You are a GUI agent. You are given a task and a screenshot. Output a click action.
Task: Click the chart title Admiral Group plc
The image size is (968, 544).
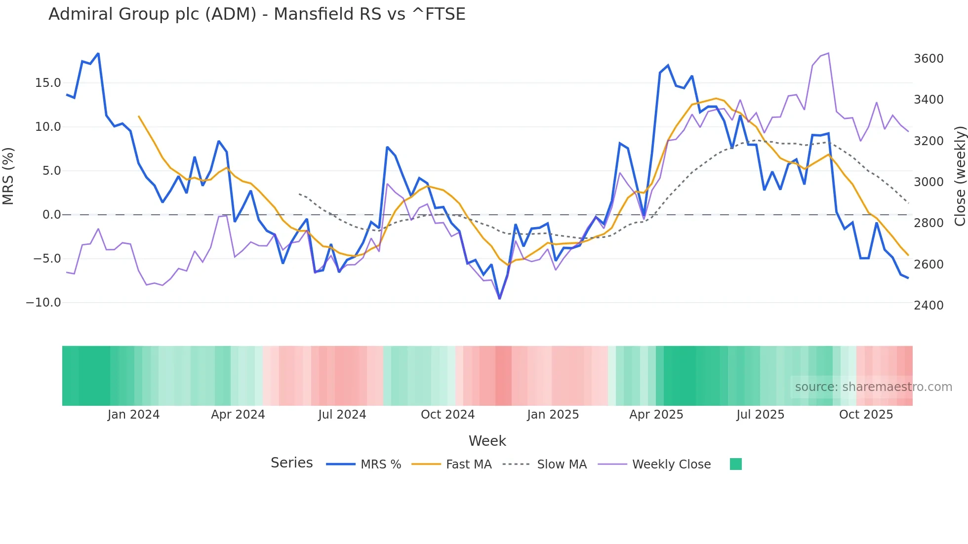click(x=257, y=14)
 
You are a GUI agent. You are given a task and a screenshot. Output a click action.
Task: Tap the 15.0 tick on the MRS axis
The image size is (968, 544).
click(x=48, y=83)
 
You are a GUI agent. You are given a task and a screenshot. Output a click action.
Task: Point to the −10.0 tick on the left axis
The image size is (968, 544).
click(x=43, y=303)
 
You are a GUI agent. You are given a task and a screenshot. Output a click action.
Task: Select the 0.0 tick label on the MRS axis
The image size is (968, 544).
click(x=51, y=215)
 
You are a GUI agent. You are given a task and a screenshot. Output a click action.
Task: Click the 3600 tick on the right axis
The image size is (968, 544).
click(x=928, y=59)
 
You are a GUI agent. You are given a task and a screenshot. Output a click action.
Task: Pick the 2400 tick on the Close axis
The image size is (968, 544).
click(x=928, y=306)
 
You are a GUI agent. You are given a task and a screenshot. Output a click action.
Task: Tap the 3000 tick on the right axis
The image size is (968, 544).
click(x=928, y=182)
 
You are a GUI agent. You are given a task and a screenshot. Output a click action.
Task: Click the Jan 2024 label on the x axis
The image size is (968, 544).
click(x=133, y=415)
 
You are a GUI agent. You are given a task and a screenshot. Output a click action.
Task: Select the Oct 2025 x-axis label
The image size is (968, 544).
click(x=866, y=415)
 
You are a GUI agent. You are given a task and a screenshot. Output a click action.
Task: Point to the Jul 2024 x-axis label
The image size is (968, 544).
click(x=342, y=415)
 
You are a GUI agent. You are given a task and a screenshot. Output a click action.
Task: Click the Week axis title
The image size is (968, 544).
click(x=487, y=441)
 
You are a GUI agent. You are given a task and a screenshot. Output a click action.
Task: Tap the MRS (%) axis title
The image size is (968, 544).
click(x=8, y=176)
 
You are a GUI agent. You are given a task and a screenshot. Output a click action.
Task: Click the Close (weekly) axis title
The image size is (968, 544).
click(x=960, y=176)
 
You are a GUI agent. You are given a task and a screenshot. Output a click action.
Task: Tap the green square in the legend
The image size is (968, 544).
click(x=735, y=464)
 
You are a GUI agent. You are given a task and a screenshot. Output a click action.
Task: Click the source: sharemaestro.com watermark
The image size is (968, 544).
click(x=873, y=387)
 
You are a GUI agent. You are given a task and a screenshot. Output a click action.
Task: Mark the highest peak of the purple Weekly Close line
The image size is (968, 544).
click(x=828, y=53)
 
